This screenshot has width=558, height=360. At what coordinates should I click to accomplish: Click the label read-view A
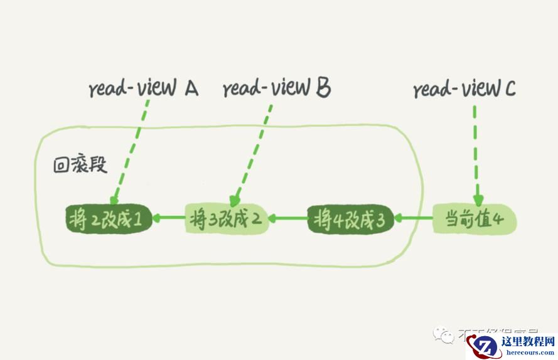(143, 90)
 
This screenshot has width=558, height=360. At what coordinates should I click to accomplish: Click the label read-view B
(276, 89)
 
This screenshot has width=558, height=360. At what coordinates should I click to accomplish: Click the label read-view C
(464, 90)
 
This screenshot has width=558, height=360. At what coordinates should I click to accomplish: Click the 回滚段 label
(80, 166)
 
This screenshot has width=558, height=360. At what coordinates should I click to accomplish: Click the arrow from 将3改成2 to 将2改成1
(168, 219)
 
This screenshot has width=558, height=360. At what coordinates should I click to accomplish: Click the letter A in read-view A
(191, 89)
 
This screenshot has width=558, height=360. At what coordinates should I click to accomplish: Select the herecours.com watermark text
(529, 352)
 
